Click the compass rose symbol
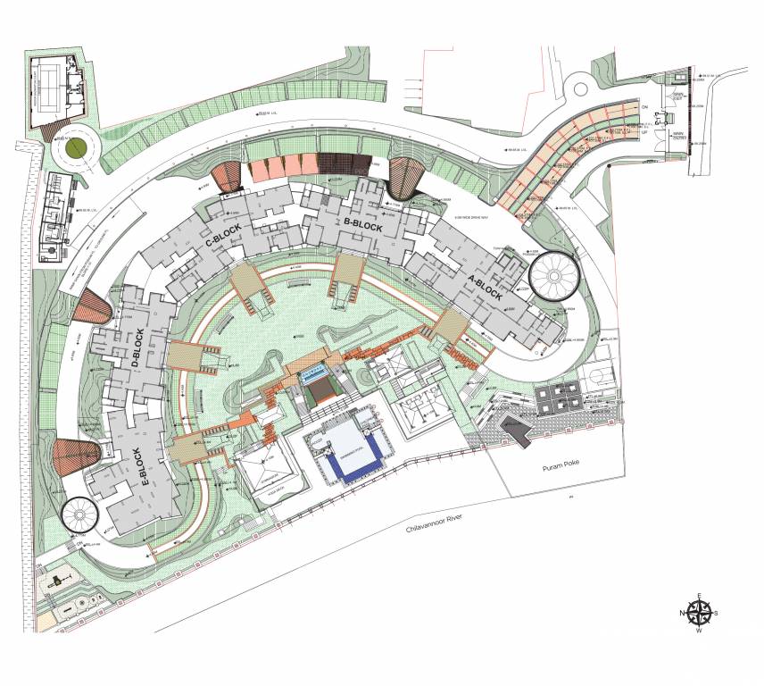pos(699,612)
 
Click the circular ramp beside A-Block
pos(554,278)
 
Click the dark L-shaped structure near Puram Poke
pos(516,431)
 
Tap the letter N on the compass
pos(683,612)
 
